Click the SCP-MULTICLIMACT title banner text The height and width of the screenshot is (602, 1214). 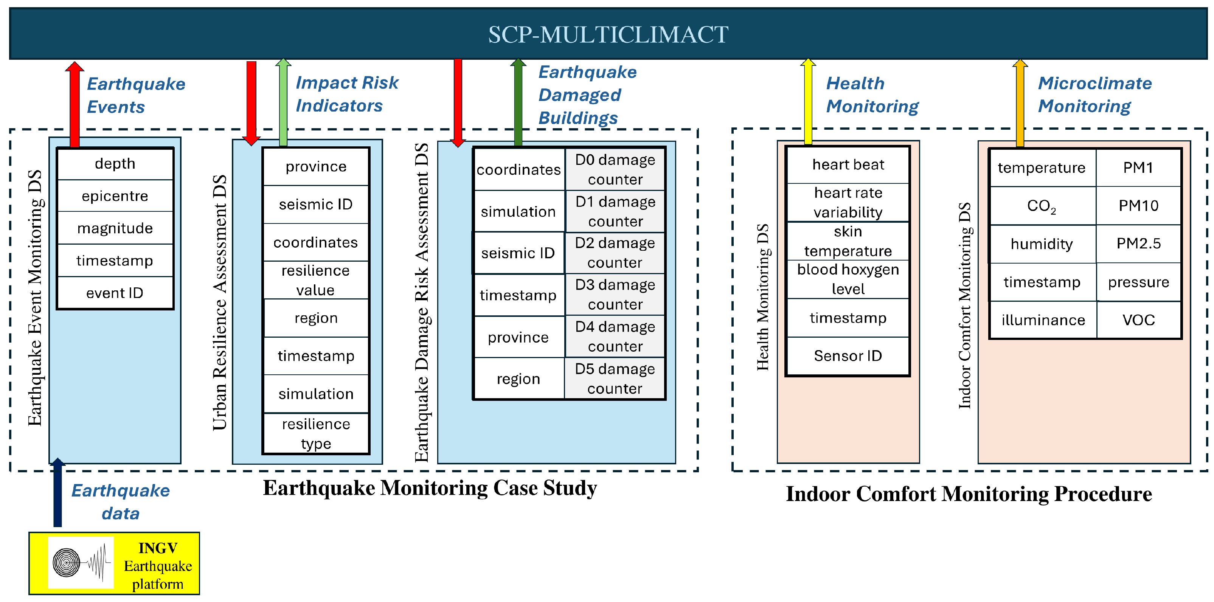[607, 34]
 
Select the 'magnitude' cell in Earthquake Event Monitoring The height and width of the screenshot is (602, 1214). [115, 228]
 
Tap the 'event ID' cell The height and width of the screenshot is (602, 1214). [115, 293]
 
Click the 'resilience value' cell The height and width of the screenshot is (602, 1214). [315, 280]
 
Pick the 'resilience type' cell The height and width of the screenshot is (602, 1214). [316, 434]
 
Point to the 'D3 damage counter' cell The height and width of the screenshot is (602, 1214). [615, 295]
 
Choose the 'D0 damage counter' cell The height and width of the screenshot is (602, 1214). [615, 169]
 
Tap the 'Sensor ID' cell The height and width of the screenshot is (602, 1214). [848, 356]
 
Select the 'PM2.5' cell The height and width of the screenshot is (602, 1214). [1138, 244]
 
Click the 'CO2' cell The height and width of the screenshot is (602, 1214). [1042, 206]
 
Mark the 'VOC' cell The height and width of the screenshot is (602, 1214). [1138, 320]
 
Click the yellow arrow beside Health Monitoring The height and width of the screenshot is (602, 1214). [808, 101]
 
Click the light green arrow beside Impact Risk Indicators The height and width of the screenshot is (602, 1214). [283, 101]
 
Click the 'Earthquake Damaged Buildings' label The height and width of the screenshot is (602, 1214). [587, 95]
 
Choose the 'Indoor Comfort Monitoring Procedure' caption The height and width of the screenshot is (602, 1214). [969, 493]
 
